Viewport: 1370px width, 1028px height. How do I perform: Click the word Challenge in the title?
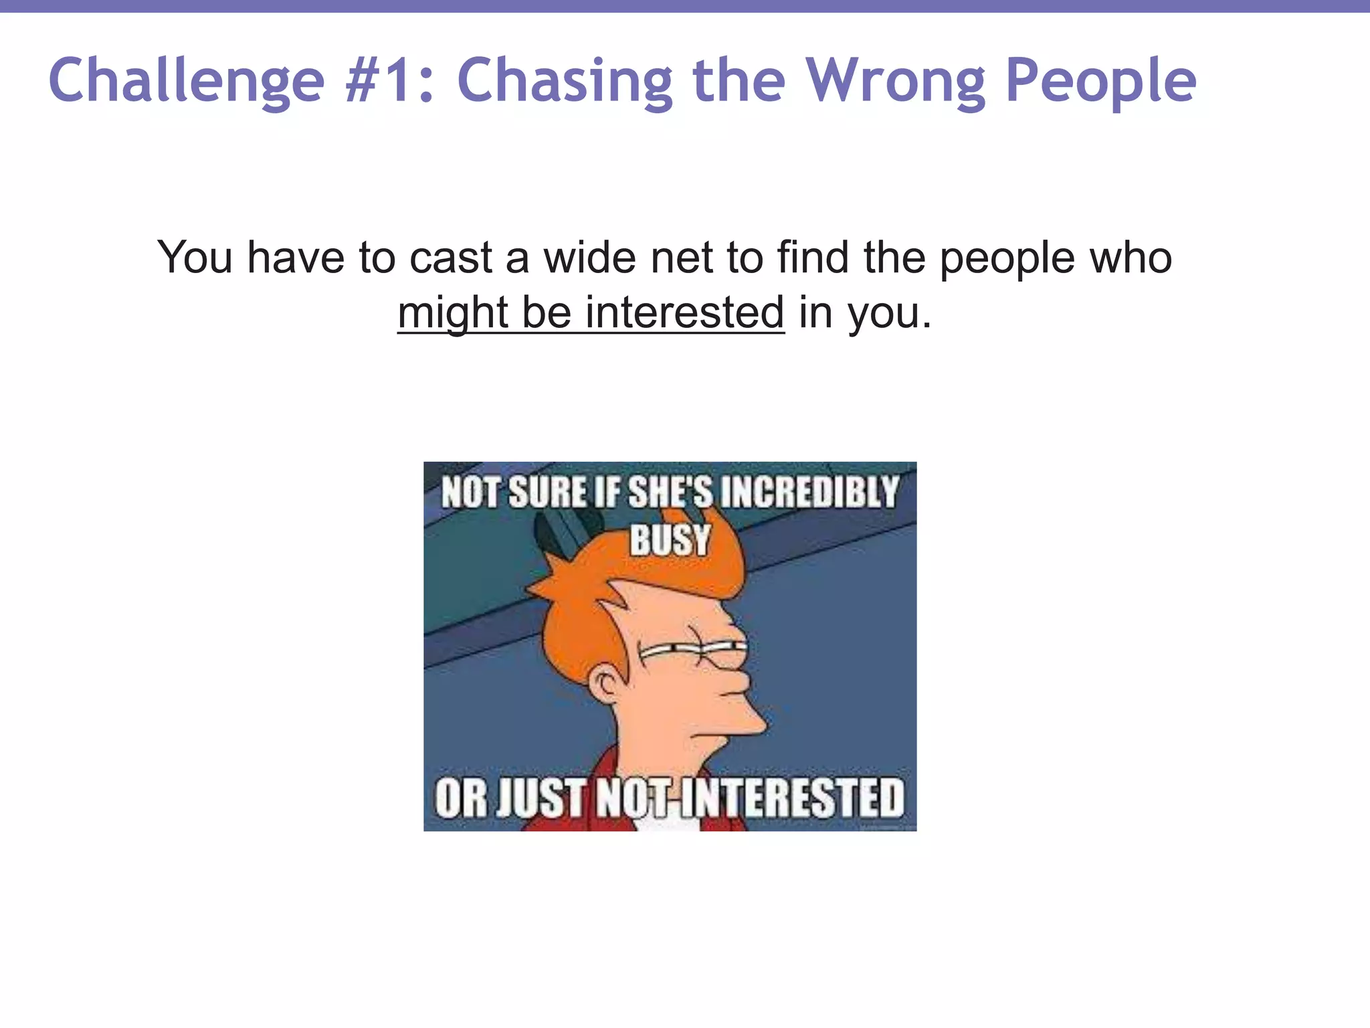point(186,82)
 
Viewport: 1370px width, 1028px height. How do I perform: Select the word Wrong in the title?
point(895,82)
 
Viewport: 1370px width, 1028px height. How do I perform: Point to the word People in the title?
point(1100,82)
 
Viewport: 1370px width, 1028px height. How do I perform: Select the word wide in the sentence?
point(589,258)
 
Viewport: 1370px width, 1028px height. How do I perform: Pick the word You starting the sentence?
point(195,258)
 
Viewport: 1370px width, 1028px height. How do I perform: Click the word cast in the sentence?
point(450,258)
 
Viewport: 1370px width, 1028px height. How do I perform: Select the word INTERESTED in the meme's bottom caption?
point(791,798)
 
